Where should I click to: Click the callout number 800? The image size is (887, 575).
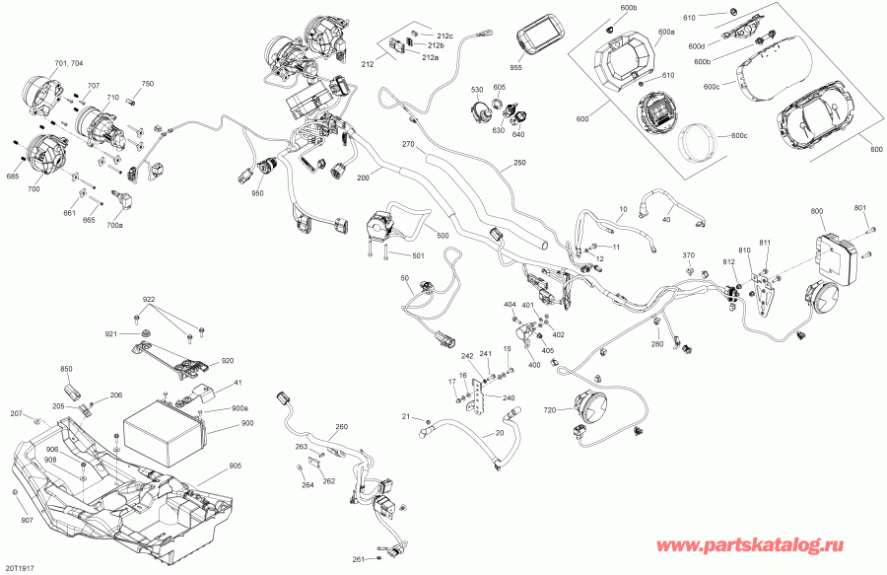(817, 212)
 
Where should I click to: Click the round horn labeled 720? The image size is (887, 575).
(594, 406)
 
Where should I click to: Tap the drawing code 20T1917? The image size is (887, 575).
(21, 568)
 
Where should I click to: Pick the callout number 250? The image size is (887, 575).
(519, 165)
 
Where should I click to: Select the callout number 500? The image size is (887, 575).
(443, 238)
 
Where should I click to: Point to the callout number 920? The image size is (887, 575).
(228, 360)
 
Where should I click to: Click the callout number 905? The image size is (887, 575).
(235, 467)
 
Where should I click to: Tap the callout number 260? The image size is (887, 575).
(341, 427)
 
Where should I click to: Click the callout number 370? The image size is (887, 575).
(689, 255)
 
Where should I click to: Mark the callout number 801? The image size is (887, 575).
(859, 208)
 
